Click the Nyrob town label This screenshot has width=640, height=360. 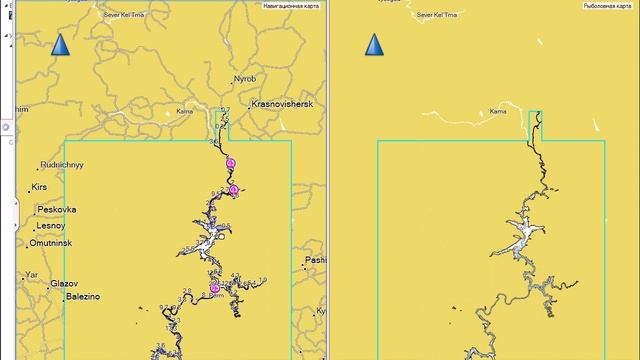pyautogui.click(x=245, y=78)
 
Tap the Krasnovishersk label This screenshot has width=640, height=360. pyautogui.click(x=282, y=103)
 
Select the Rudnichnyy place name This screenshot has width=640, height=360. pyautogui.click(x=62, y=164)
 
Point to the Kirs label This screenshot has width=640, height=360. pyautogui.click(x=40, y=187)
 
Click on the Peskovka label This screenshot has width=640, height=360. pyautogui.click(x=56, y=210)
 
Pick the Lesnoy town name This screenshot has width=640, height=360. pyautogui.click(x=52, y=226)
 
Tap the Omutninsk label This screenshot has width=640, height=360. pyautogui.click(x=56, y=242)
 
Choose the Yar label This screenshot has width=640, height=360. pyautogui.click(x=32, y=272)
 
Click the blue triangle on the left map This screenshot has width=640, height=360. pyautogui.click(x=60, y=45)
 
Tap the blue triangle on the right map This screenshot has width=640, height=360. pyautogui.click(x=375, y=45)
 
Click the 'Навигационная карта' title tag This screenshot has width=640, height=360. pyautogui.click(x=292, y=6)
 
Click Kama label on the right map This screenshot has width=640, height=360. pyautogui.click(x=498, y=113)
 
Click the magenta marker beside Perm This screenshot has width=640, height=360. pyautogui.click(x=214, y=288)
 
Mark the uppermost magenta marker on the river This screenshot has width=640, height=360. pyautogui.click(x=231, y=162)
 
